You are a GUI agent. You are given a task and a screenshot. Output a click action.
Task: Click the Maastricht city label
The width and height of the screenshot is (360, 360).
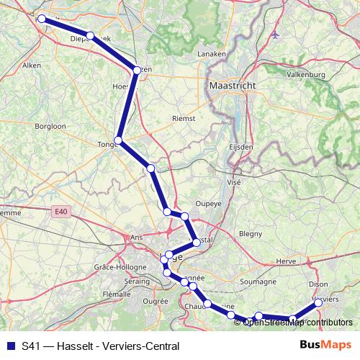[233, 85]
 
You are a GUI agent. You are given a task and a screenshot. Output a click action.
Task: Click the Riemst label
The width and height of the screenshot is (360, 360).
[184, 118]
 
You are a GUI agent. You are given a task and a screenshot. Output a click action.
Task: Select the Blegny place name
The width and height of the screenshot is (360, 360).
[251, 233]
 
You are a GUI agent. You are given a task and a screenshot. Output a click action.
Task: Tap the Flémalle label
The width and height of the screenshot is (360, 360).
[117, 294]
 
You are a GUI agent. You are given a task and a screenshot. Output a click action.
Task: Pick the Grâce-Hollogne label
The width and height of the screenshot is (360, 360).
[116, 267]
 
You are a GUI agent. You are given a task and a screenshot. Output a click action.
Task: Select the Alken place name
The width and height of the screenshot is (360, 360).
[32, 65]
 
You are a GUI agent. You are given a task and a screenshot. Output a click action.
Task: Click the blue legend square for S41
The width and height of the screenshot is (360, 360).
[10, 346]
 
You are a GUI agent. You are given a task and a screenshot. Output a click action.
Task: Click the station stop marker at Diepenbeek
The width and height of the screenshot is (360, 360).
[90, 35]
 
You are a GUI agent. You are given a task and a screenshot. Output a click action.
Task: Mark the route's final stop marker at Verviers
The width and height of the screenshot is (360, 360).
[318, 303]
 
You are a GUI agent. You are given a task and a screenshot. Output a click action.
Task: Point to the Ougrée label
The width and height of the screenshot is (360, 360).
[156, 301]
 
